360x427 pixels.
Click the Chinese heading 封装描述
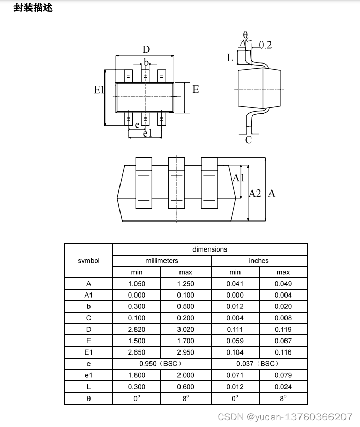point(33,8)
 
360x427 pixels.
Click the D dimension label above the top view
point(146,49)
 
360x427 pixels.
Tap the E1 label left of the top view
point(99,90)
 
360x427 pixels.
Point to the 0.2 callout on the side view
point(265,45)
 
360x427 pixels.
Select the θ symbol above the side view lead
point(245,35)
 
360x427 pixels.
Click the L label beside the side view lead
point(230,57)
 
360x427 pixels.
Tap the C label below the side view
point(248,140)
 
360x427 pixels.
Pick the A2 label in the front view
point(255,194)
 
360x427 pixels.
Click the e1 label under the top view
point(147,134)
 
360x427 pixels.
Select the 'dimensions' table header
point(210,249)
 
